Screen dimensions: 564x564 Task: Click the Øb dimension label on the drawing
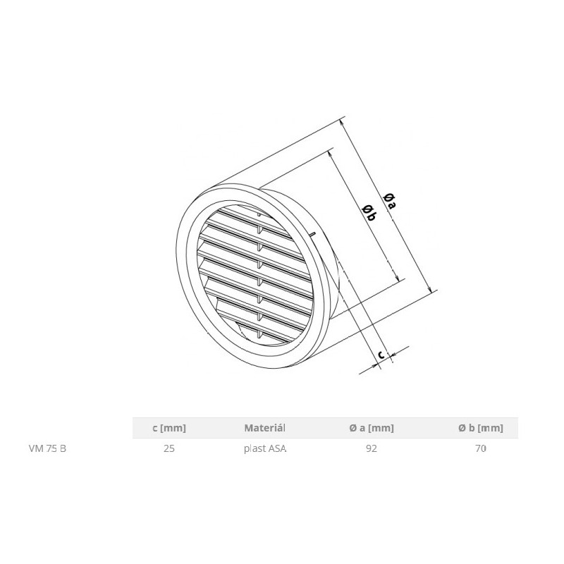coord(369,212)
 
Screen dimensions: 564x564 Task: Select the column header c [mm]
coord(168,427)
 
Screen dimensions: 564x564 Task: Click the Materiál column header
coord(265,427)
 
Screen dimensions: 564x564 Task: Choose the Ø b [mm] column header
coord(480,427)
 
